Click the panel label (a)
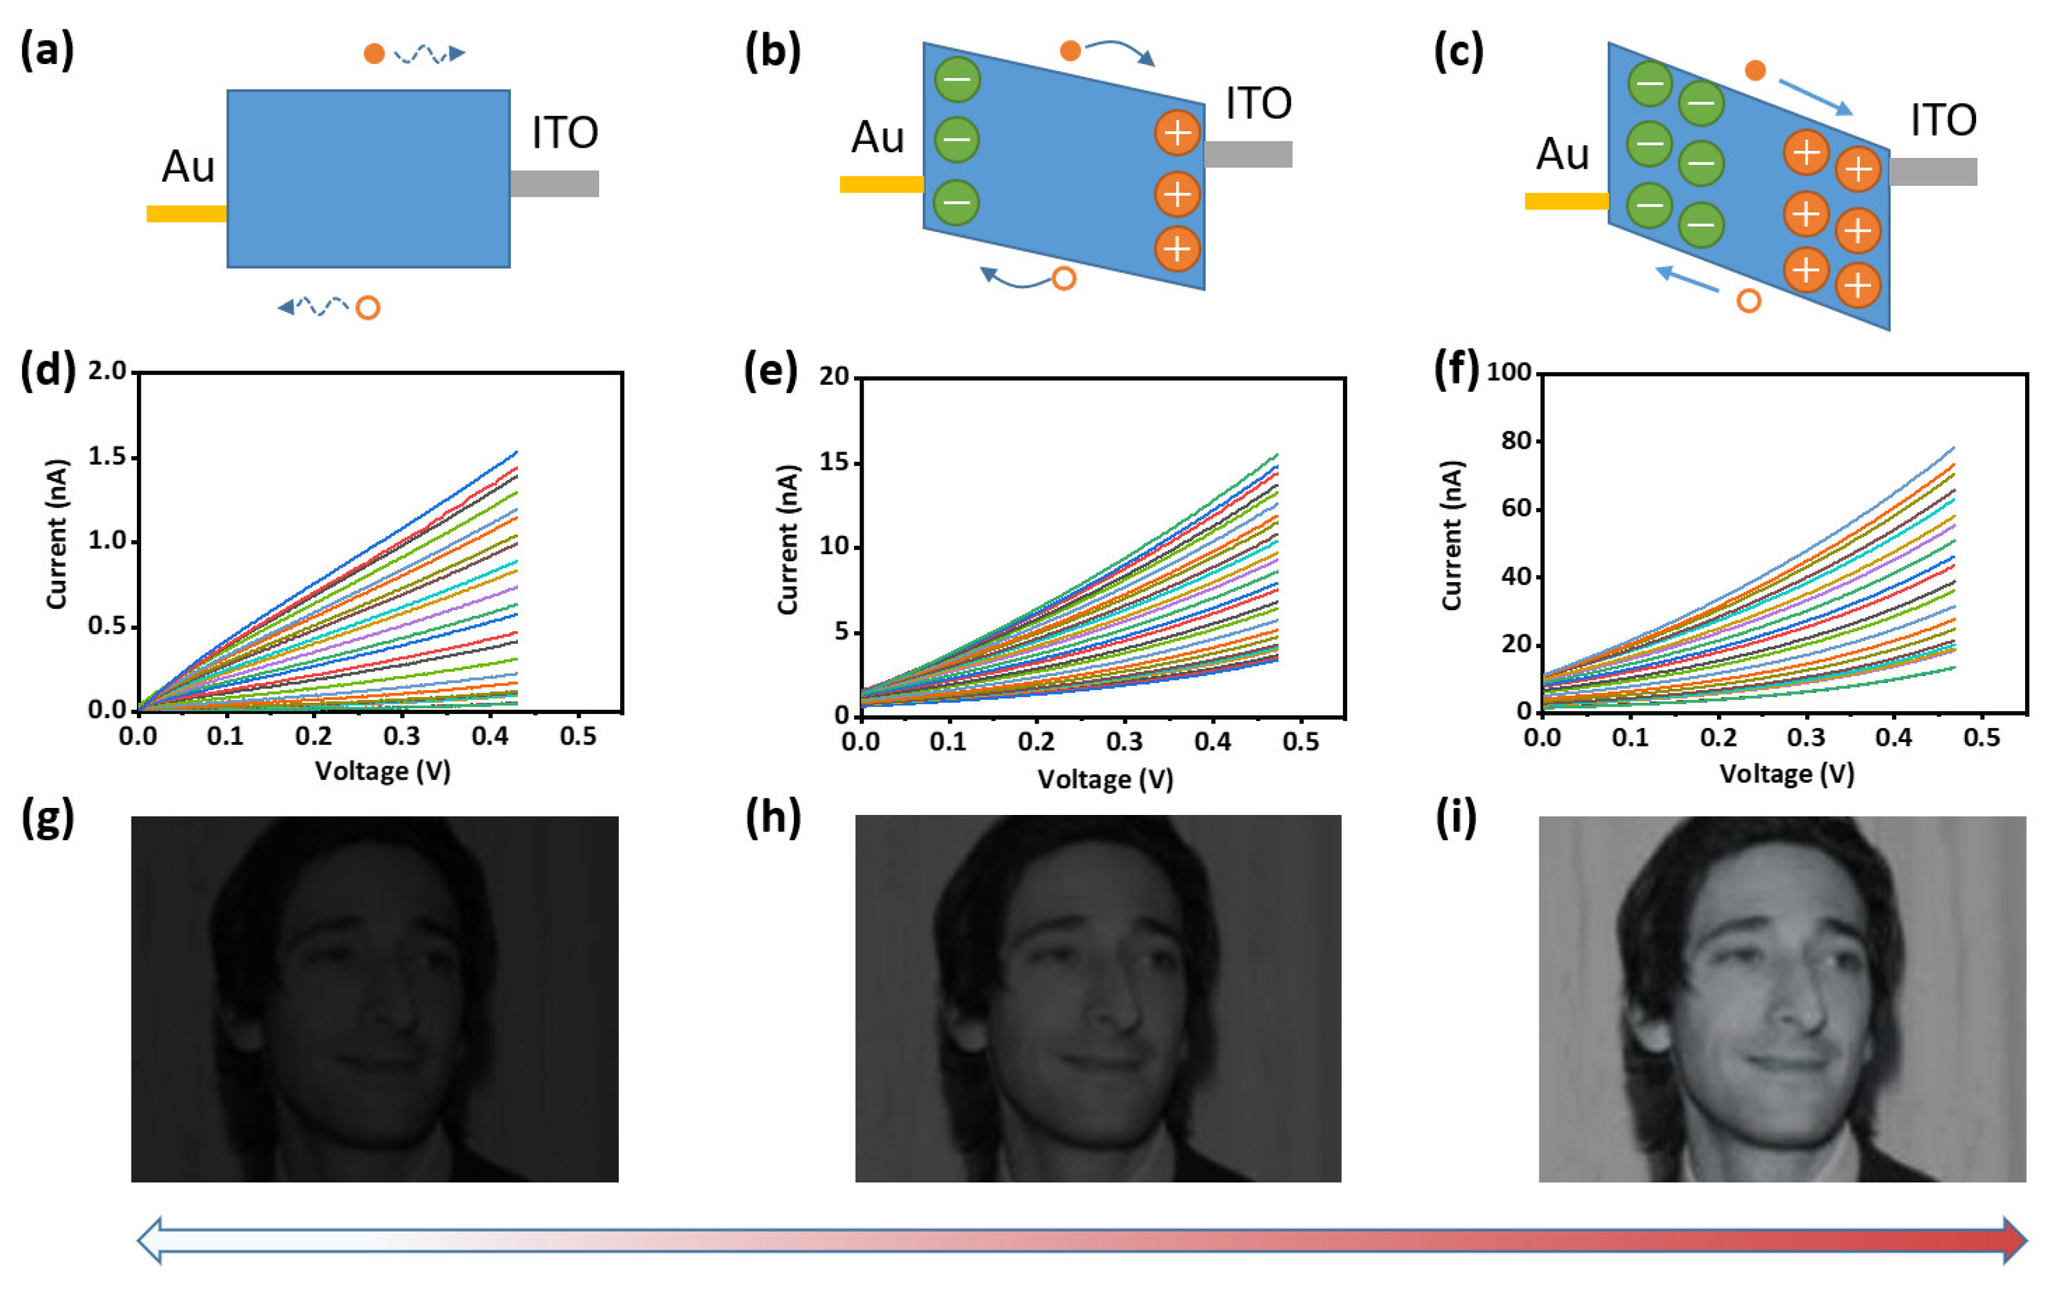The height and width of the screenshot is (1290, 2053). pyautogui.click(x=47, y=50)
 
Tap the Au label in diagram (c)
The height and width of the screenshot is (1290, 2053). pyautogui.click(x=1562, y=154)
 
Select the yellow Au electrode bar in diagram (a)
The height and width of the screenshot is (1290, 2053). pyautogui.click(x=186, y=213)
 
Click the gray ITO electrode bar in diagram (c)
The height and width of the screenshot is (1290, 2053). pyautogui.click(x=1932, y=171)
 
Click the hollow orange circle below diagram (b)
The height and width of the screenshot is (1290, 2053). pyautogui.click(x=1063, y=278)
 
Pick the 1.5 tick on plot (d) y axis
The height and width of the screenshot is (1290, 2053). pyautogui.click(x=107, y=457)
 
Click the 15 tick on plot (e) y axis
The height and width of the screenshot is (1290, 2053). pyautogui.click(x=834, y=463)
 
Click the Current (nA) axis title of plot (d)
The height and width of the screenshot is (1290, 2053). pyautogui.click(x=56, y=535)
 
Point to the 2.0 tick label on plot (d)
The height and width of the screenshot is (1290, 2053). pyautogui.click(x=107, y=371)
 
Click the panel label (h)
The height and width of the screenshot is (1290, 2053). pyautogui.click(x=772, y=819)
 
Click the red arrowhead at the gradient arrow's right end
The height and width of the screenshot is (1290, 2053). pyautogui.click(x=2013, y=1241)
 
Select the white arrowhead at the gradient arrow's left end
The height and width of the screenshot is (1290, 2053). pyautogui.click(x=150, y=1241)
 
